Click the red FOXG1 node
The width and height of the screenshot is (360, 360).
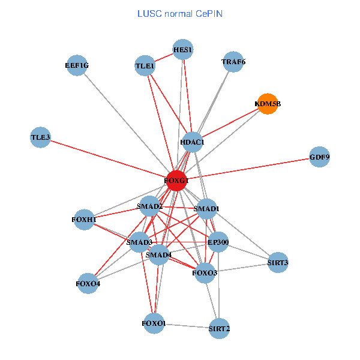tap(176, 180)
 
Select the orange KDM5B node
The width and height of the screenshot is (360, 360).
tap(267, 104)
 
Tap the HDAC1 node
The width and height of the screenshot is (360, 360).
tap(193, 142)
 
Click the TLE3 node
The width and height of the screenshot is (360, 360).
tap(40, 137)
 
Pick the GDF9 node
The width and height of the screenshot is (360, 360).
tap(320, 157)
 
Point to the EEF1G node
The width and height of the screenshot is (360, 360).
tap(77, 65)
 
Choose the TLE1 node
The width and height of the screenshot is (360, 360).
tap(145, 65)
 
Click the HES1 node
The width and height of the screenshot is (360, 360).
tap(182, 50)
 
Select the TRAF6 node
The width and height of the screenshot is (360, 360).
tap(233, 62)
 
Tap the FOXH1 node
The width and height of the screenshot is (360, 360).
tap(84, 220)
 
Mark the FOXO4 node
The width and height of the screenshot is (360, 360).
tap(88, 283)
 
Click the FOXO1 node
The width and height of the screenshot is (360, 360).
tap(154, 324)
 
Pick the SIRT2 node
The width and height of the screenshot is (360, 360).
tap(219, 328)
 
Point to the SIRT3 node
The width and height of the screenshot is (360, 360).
tap(278, 262)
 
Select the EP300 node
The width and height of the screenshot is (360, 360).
tap(218, 242)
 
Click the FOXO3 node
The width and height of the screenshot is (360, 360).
tap(205, 273)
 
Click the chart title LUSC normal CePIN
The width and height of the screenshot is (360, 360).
tap(179, 13)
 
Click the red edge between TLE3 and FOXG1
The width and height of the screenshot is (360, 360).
tap(108, 158)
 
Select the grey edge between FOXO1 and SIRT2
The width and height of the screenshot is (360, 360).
tap(186, 326)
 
